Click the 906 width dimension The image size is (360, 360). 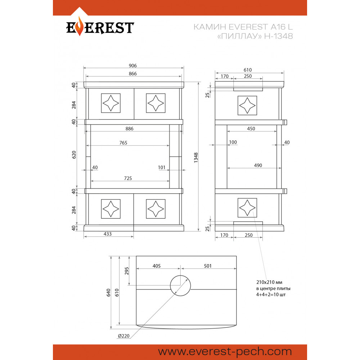(133, 66)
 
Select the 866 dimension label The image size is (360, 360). (133, 73)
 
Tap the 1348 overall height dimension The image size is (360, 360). (196, 158)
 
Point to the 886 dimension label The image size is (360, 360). (129, 129)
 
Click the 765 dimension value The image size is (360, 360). (123, 143)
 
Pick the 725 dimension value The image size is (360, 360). (128, 178)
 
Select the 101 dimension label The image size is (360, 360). (162, 167)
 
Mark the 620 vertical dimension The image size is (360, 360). (74, 155)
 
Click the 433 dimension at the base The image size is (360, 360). (107, 234)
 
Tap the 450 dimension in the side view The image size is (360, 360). (251, 129)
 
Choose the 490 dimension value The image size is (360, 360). (258, 165)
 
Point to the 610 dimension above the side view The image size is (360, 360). (248, 70)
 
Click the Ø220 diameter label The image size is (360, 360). (124, 336)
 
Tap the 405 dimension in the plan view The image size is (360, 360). (157, 266)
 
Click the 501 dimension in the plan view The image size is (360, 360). (208, 266)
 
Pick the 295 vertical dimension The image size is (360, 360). (127, 271)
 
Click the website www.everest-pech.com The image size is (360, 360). (225, 352)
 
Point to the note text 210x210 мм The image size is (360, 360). (269, 282)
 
